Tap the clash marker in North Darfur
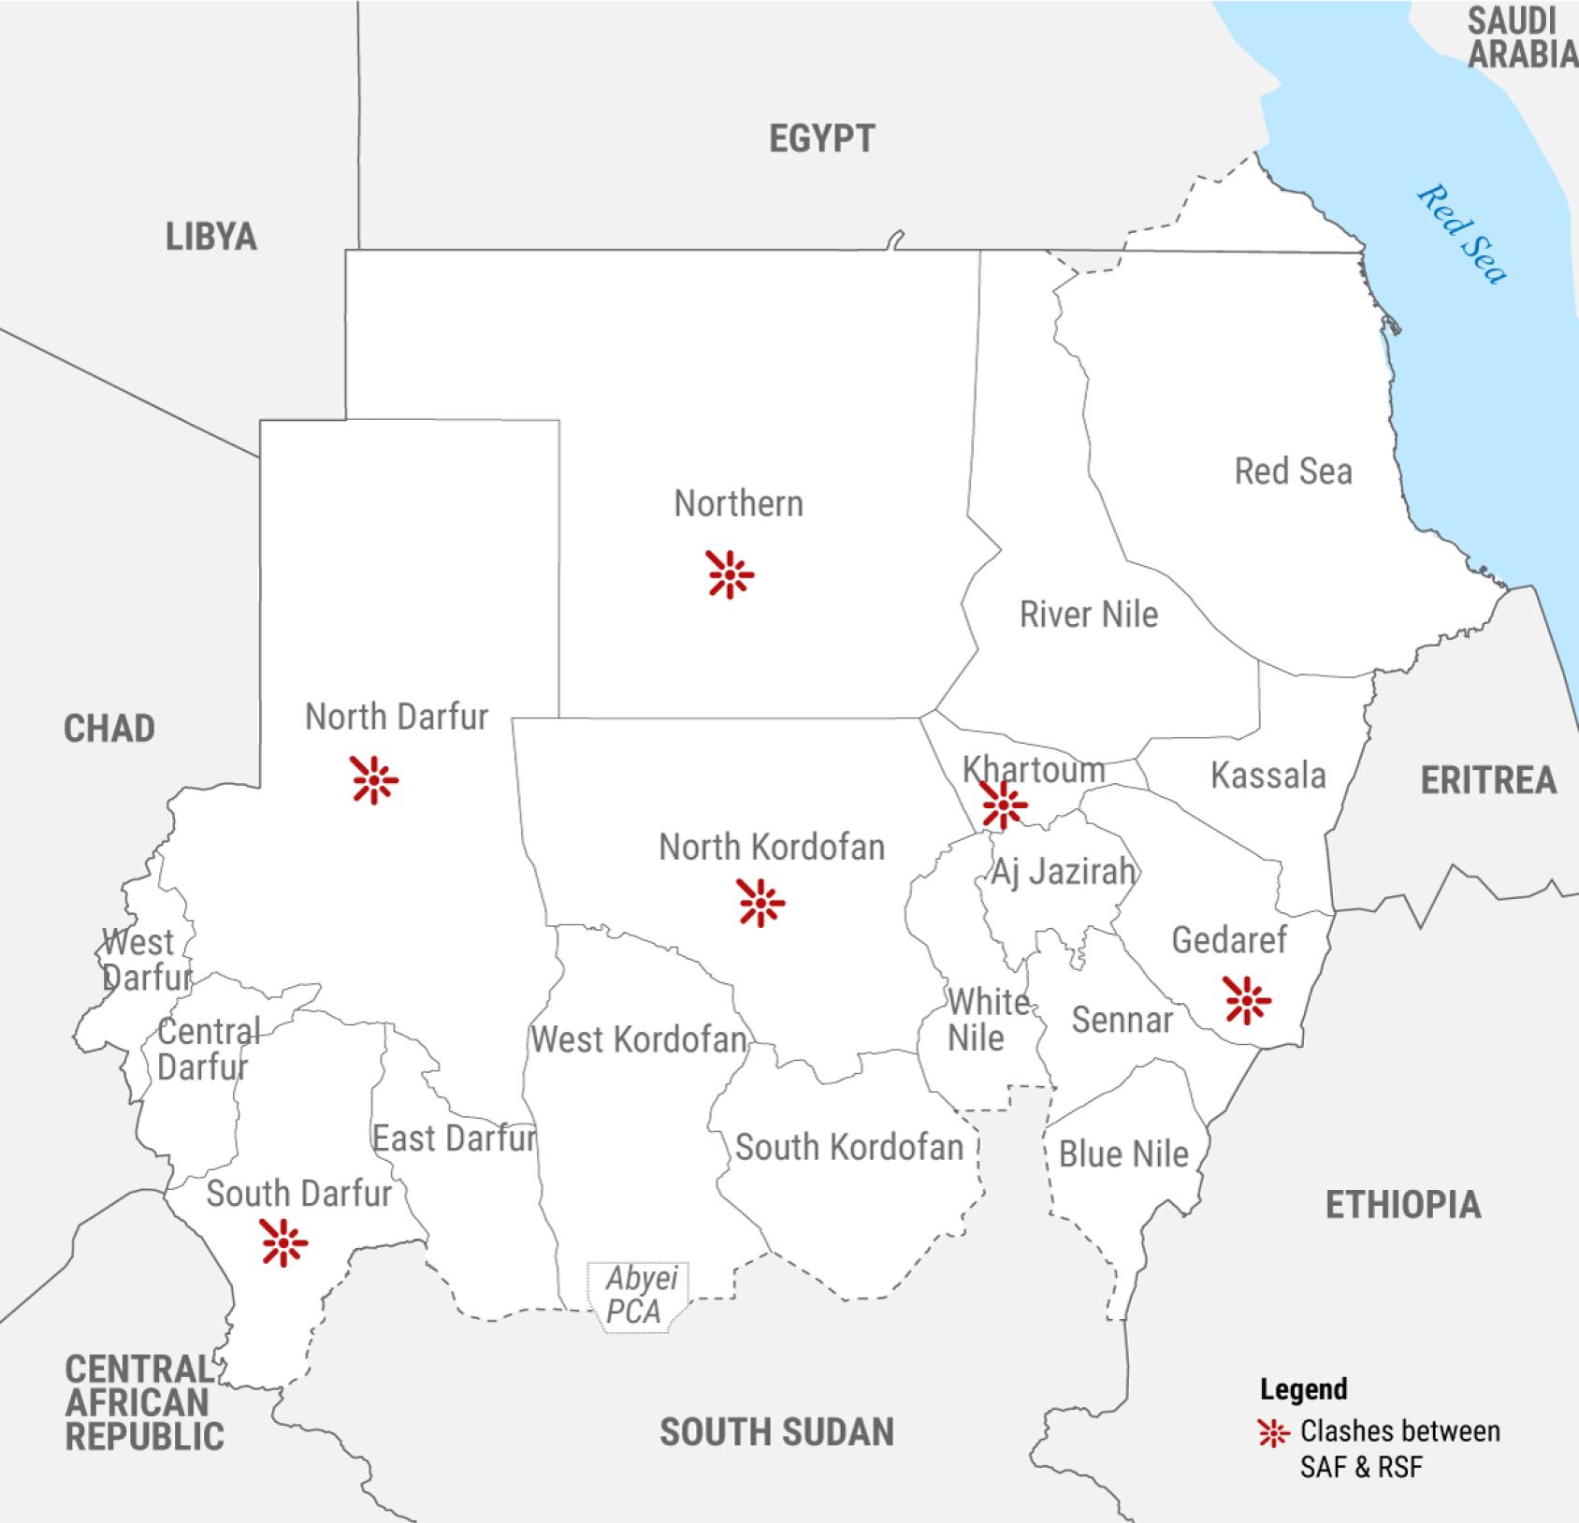tap(374, 779)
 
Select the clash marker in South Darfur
tap(283, 1242)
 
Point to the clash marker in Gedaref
tap(1247, 1001)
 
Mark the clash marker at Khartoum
tap(1004, 805)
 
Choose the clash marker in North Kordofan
tap(761, 903)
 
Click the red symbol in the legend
tap(1273, 1433)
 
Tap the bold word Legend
tap(1303, 1389)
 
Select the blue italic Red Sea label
tap(1462, 233)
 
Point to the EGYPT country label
tap(821, 139)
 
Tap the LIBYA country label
tap(210, 237)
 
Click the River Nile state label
tap(1088, 615)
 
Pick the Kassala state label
tap(1268, 776)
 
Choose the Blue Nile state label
tap(1123, 1154)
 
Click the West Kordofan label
tap(638, 1039)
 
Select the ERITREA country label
tap(1487, 780)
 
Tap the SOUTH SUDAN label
tap(776, 1432)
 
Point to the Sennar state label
tap(1122, 1020)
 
